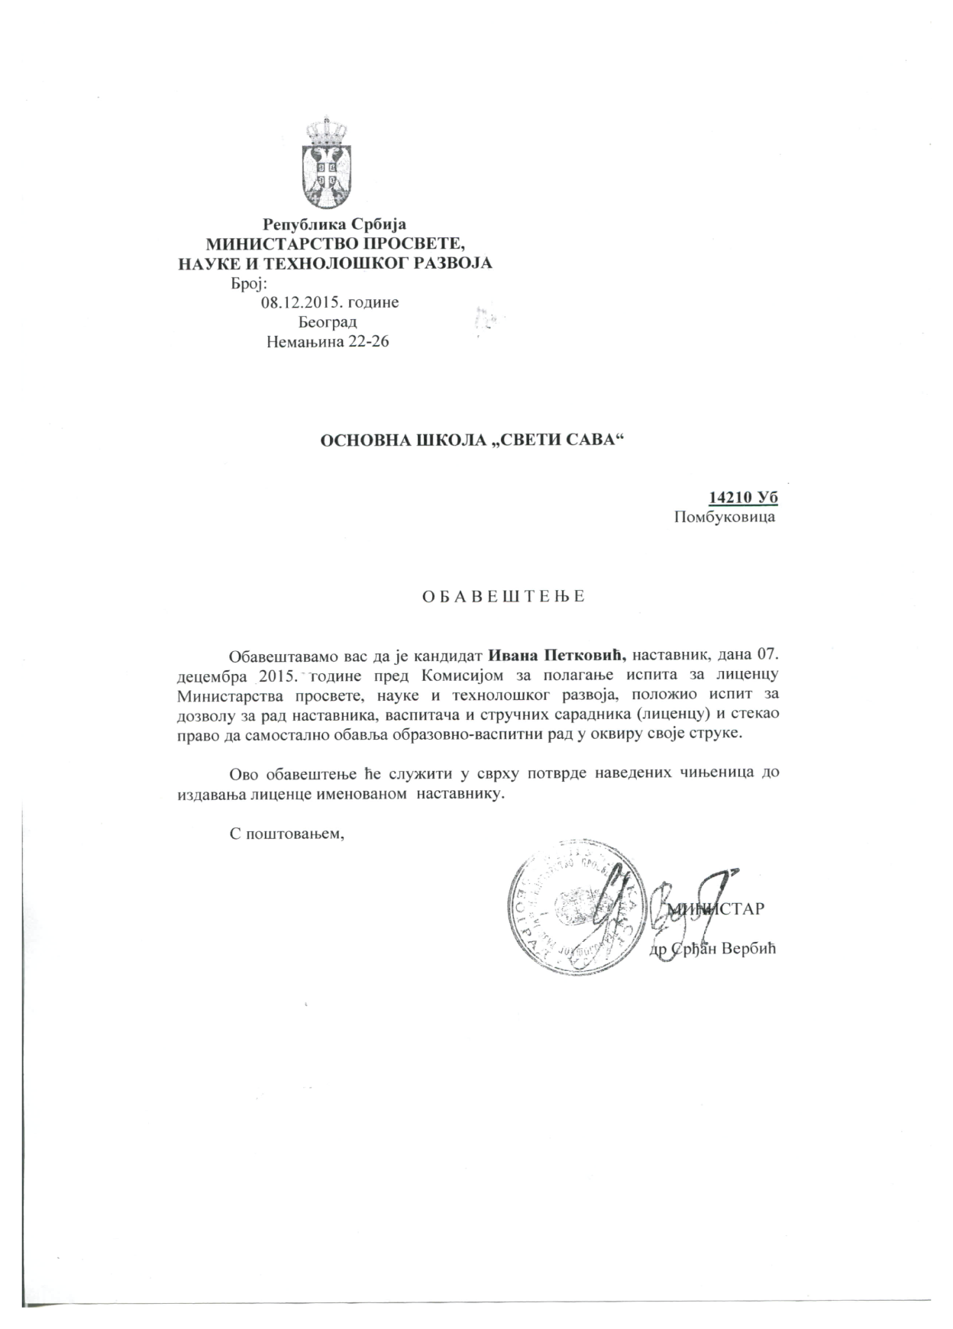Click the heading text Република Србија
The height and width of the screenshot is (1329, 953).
coord(334,224)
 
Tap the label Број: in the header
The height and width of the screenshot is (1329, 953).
coord(247,283)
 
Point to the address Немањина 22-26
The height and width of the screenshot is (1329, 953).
coord(328,341)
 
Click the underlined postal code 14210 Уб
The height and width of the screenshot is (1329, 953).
coord(744,498)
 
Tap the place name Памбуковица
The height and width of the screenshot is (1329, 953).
coord(725,518)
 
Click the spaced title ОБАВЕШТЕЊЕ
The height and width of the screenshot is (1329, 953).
coord(503,595)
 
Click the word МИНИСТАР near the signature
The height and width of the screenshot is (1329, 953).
coord(716,909)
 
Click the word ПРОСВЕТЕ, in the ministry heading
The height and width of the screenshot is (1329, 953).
coord(406,244)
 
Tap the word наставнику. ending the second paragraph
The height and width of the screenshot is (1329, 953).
coord(460,794)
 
